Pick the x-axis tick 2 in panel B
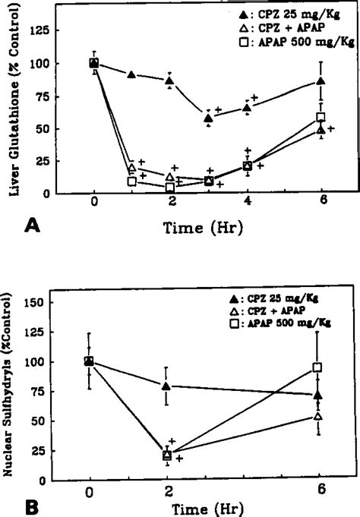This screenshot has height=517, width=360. pos(167,490)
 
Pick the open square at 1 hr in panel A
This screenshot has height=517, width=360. pos(132,181)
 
